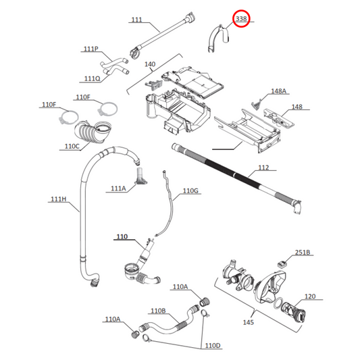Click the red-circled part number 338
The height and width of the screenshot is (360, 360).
pyautogui.click(x=241, y=20)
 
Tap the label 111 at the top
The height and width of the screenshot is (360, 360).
pyautogui.click(x=136, y=20)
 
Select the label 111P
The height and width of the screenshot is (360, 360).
pyautogui.click(x=91, y=49)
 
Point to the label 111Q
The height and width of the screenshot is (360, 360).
pyautogui.click(x=93, y=78)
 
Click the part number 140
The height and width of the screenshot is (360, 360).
pyautogui.click(x=150, y=64)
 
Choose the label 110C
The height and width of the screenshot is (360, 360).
pyautogui.click(x=72, y=145)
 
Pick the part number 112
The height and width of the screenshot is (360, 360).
pyautogui.click(x=263, y=168)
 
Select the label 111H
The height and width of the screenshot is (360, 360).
pyautogui.click(x=58, y=199)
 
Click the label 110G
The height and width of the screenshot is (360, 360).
pyautogui.click(x=191, y=191)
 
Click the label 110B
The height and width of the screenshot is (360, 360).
pyautogui.click(x=158, y=311)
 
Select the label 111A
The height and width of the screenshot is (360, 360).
pyautogui.click(x=118, y=188)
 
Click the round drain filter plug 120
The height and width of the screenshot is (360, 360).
pyautogui.click(x=294, y=315)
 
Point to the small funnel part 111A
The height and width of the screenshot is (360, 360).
pyautogui.click(x=140, y=177)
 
